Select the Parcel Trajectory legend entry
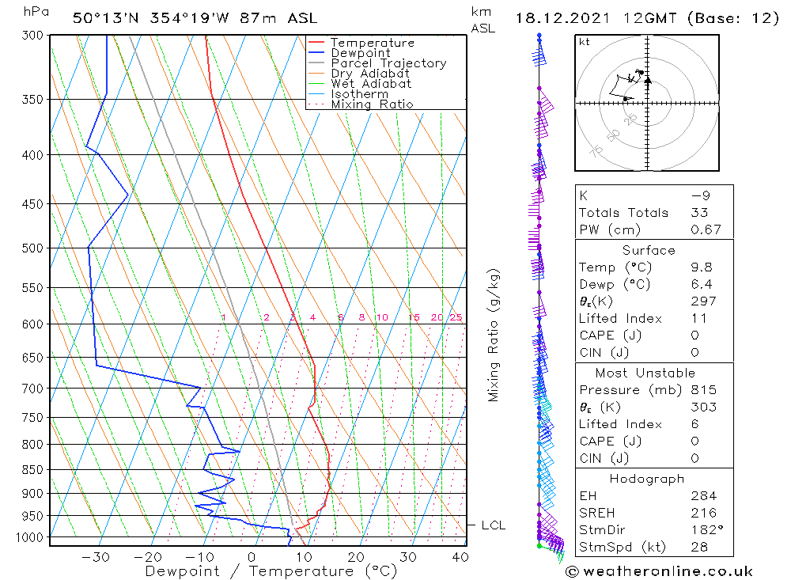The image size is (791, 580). click(388, 63)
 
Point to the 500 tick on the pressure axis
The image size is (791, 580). click(34, 248)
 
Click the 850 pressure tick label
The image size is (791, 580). click(34, 470)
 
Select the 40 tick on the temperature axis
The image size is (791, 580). click(459, 557)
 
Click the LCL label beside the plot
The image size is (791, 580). click(493, 525)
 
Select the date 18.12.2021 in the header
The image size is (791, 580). click(561, 18)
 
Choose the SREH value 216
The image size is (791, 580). click(702, 513)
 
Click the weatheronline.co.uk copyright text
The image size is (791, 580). click(659, 571)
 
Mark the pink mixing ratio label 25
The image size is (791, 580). click(456, 318)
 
